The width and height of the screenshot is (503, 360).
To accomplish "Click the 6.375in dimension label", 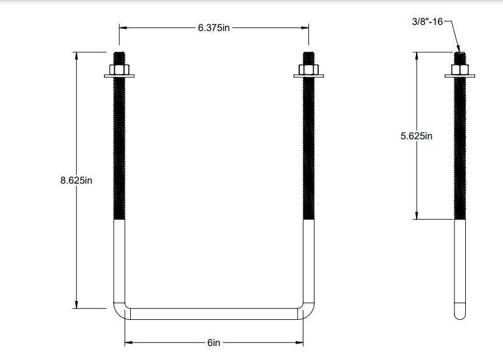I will [x=213, y=28].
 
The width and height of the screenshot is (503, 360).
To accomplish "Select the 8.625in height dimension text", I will [x=76, y=180].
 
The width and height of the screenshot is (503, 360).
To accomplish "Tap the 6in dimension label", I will [x=213, y=343].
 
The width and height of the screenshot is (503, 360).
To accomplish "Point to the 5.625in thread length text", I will [x=416, y=136].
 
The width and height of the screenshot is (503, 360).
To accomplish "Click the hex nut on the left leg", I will [x=119, y=69].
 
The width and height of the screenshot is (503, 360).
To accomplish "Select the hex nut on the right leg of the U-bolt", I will [x=308, y=69].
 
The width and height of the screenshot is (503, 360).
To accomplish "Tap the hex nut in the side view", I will [x=460, y=69].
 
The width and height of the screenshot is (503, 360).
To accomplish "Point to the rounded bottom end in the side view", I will [x=460, y=314].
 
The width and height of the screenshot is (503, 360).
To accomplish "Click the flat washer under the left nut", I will [x=119, y=76].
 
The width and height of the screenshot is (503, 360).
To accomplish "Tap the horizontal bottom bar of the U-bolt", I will [x=213, y=314].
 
